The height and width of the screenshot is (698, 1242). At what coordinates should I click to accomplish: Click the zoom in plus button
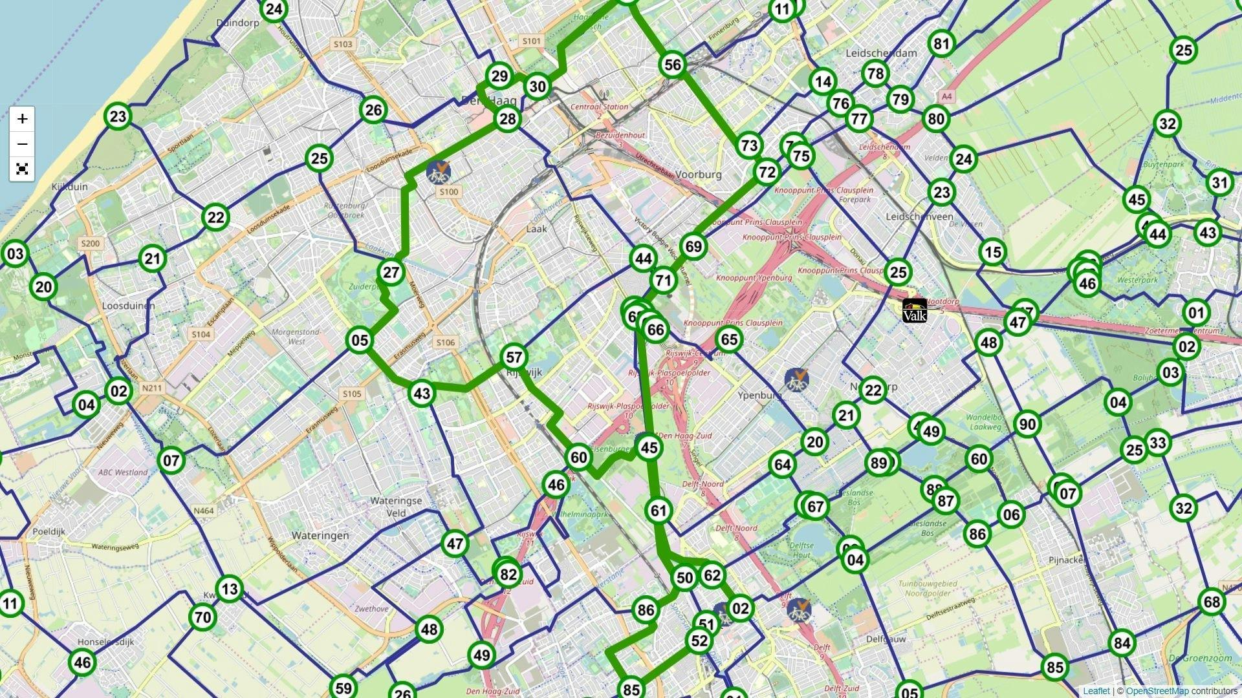pyautogui.click(x=22, y=119)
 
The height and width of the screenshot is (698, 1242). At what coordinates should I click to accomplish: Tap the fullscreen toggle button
pyautogui.click(x=22, y=169)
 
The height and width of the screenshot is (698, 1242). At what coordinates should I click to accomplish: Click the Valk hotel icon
pyautogui.click(x=915, y=311)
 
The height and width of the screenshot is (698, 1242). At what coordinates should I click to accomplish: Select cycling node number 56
pyautogui.click(x=673, y=65)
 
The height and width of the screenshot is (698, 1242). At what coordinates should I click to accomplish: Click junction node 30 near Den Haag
pyautogui.click(x=537, y=87)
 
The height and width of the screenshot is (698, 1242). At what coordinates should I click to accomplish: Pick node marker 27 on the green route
pyautogui.click(x=391, y=273)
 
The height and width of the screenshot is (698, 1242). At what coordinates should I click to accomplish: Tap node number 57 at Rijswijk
pyautogui.click(x=514, y=357)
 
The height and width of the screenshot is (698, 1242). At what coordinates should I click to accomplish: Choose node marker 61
pyautogui.click(x=659, y=511)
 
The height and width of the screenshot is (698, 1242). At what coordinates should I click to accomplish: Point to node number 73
pyautogui.click(x=749, y=145)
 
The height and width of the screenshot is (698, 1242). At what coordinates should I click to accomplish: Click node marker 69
pyautogui.click(x=693, y=247)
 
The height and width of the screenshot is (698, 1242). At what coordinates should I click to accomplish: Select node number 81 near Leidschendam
pyautogui.click(x=941, y=44)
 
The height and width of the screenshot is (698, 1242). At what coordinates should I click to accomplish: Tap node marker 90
pyautogui.click(x=1027, y=425)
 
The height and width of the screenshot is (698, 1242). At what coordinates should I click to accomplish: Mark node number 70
pyautogui.click(x=203, y=617)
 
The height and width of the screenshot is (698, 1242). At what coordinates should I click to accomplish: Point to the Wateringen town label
pyautogui.click(x=320, y=535)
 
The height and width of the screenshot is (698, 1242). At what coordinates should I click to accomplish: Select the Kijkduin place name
pyautogui.click(x=69, y=187)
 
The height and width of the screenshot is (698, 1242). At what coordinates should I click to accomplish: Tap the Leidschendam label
pyautogui.click(x=881, y=53)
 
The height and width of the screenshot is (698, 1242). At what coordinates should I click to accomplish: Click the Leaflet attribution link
pyautogui.click(x=1096, y=691)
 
